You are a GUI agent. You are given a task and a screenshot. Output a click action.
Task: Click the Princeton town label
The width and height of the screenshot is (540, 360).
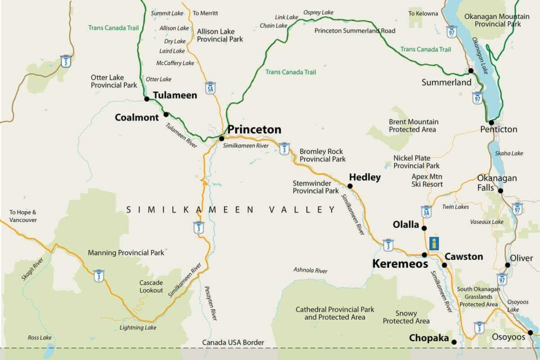254,130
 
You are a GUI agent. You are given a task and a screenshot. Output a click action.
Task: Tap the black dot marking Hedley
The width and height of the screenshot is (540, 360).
350,186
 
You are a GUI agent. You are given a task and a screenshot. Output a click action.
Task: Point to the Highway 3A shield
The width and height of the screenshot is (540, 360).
426,211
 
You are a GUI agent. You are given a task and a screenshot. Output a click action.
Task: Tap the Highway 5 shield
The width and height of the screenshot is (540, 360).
66,60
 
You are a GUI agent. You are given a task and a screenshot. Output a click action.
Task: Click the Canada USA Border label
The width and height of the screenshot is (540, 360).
233,343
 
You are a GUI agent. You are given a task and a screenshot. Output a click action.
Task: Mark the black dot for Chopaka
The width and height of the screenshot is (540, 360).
454,342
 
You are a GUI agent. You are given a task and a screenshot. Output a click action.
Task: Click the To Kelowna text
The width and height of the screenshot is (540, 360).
423,13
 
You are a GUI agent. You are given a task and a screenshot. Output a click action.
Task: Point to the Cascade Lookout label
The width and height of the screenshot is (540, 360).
151,287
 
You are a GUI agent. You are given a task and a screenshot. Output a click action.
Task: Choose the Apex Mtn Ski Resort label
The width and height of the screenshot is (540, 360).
427,180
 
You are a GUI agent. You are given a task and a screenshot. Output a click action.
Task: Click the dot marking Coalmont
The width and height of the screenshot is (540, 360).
166,114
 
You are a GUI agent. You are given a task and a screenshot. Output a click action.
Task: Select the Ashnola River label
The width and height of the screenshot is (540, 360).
310,270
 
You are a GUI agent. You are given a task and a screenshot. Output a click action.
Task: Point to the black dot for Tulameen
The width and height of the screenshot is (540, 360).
146,99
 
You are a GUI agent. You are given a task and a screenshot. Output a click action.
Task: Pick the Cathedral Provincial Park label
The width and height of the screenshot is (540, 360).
335,313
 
